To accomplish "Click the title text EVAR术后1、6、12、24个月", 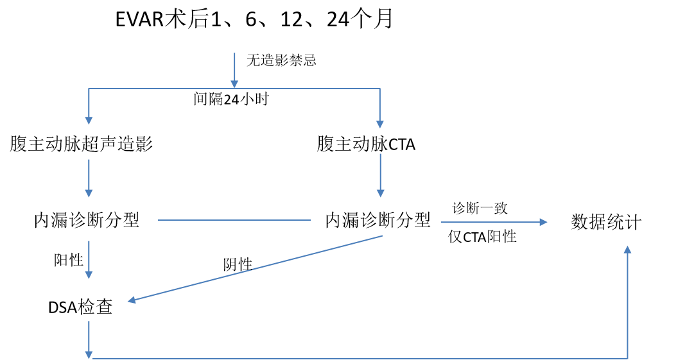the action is tap(254, 19).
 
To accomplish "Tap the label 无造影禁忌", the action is tap(281, 60).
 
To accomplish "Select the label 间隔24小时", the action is tap(231, 99).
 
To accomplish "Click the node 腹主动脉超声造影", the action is tap(82, 144).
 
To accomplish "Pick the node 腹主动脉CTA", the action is tap(366, 144).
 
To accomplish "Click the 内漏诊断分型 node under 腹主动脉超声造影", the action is tap(87, 220).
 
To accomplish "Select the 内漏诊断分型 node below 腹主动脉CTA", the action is tap(378, 220).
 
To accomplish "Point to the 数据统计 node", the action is tap(606, 221).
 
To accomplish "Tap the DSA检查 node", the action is tap(80, 307).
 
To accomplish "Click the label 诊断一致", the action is tap(480, 209).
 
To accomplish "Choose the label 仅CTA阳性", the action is tap(482, 236).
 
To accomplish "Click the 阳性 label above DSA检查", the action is tap(68, 260).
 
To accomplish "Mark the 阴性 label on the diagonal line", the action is tap(238, 264).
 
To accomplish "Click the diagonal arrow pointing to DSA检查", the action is tap(255, 268).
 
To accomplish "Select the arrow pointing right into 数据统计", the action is tap(494, 222).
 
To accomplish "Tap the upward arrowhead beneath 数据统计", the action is tap(627, 250).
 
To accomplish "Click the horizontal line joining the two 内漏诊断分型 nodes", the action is tap(234, 220).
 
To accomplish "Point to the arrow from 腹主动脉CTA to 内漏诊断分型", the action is tap(381, 175).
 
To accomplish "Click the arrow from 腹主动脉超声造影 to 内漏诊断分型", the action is tap(89, 178).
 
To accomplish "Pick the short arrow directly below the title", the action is tap(234, 70).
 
